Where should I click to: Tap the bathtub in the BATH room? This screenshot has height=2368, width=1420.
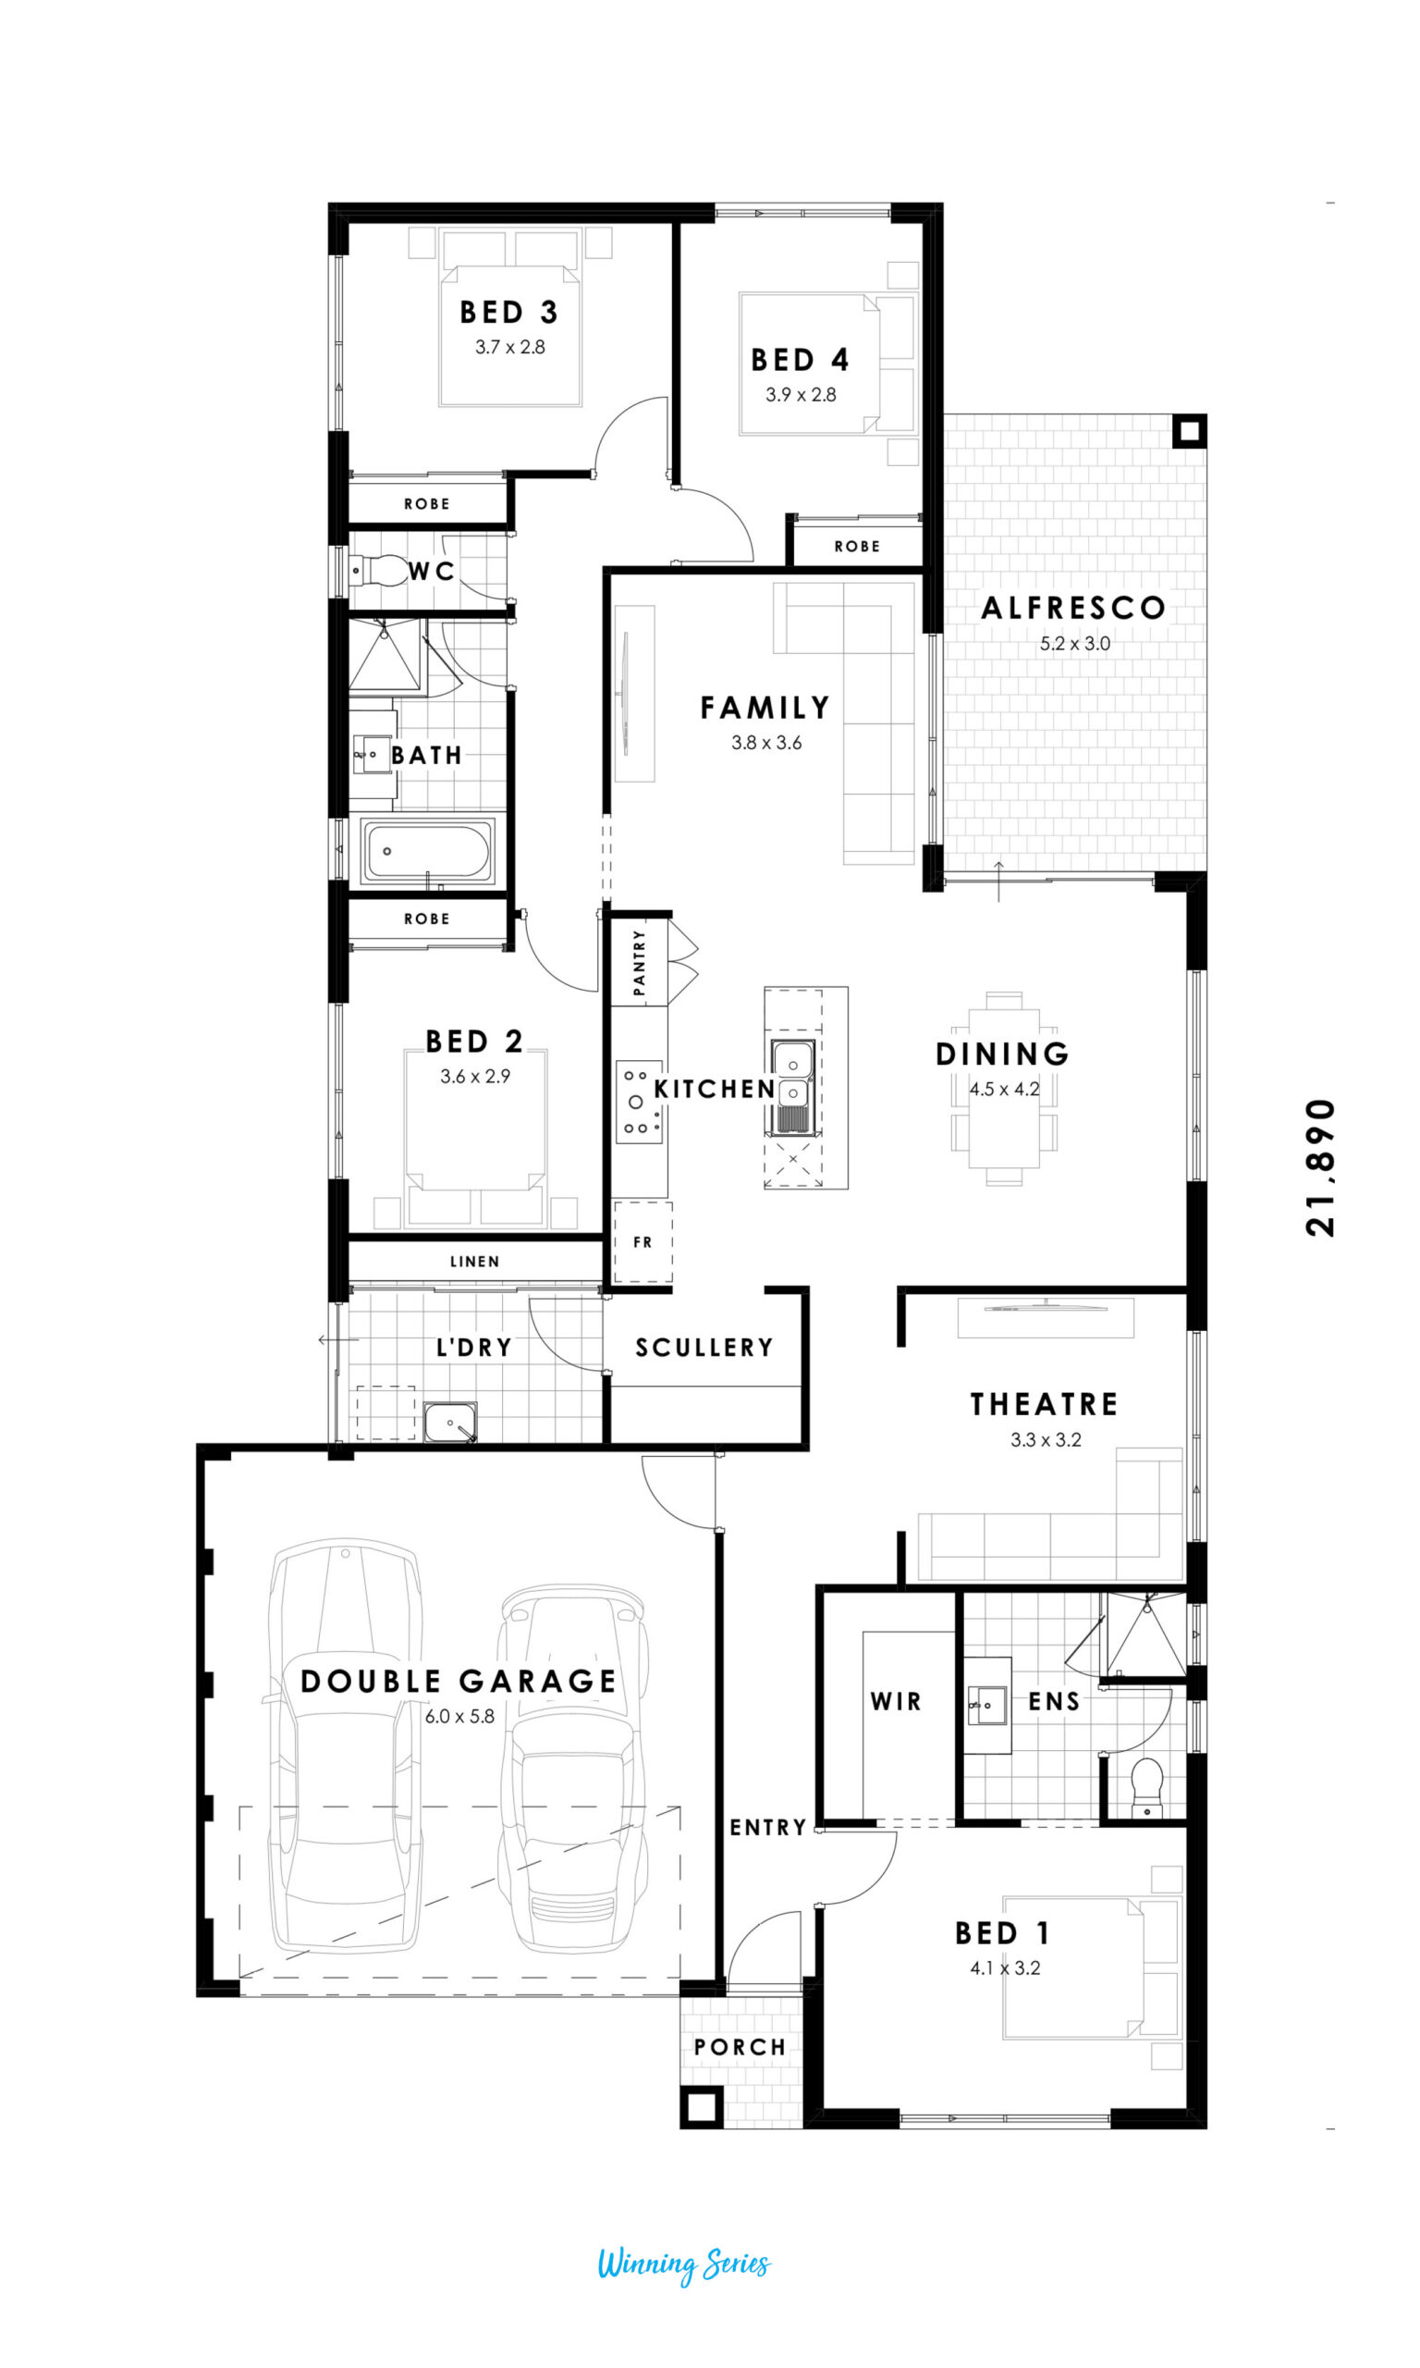(x=428, y=850)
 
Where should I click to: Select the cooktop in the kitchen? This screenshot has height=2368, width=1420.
(x=638, y=1102)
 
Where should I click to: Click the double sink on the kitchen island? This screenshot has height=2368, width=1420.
(x=793, y=1086)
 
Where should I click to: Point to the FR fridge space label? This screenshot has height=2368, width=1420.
(x=643, y=1241)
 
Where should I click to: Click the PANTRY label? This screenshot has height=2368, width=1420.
(x=639, y=963)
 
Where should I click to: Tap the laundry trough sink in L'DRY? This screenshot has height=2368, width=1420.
(x=449, y=1424)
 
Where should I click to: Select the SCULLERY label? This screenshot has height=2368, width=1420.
(x=704, y=1348)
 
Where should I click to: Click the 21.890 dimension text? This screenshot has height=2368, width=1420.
(x=1319, y=1167)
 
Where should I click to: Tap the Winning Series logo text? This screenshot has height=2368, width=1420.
(x=683, y=2263)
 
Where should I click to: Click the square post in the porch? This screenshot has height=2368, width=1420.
(x=702, y=2107)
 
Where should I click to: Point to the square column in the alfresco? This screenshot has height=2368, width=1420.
(x=1190, y=431)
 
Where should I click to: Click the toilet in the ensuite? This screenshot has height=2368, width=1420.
(x=1146, y=1786)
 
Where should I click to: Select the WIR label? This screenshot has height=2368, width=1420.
(x=896, y=1701)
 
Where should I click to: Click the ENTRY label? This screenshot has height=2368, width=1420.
(x=767, y=1827)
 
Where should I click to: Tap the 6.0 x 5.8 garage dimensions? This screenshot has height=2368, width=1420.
(x=460, y=1716)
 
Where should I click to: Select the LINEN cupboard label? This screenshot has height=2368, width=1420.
(x=474, y=1262)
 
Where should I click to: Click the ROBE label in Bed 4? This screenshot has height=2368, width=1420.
(x=856, y=547)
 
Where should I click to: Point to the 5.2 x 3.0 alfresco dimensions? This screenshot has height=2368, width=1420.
(x=1074, y=643)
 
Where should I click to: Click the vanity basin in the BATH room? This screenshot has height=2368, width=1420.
(x=372, y=754)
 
